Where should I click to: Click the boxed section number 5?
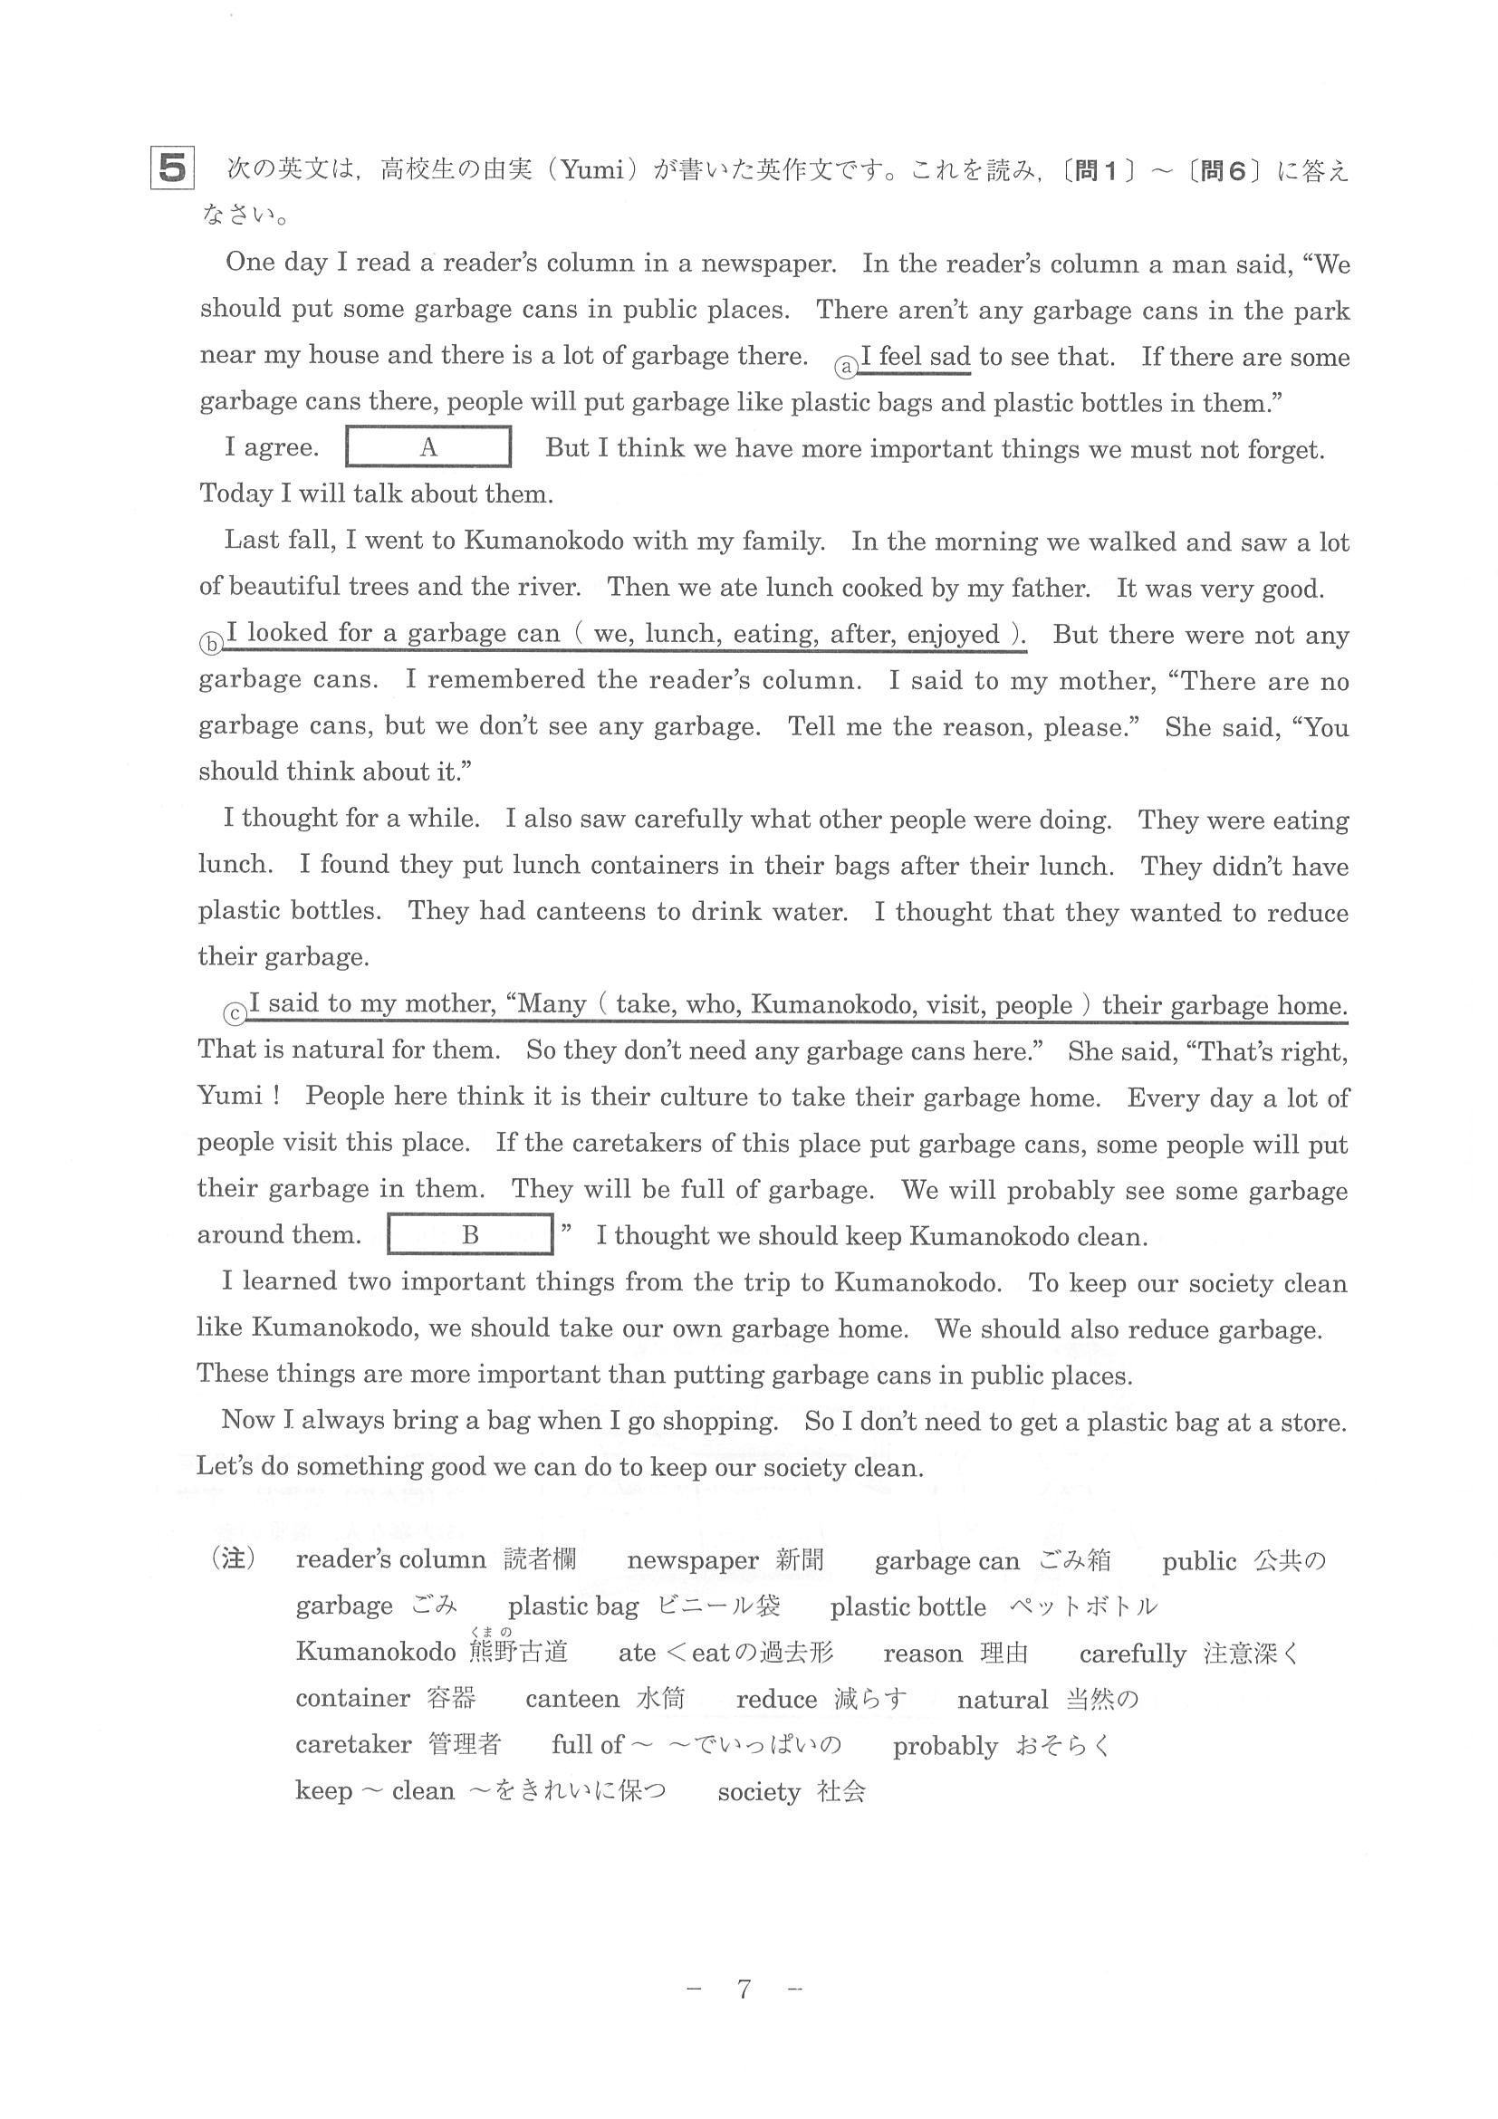[x=172, y=169]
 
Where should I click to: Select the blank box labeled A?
[x=428, y=447]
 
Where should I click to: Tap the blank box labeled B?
[x=470, y=1235]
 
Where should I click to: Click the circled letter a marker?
[x=845, y=368]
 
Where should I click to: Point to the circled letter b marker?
[x=210, y=644]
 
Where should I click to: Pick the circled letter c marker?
[x=235, y=1014]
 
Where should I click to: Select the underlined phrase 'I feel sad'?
[x=915, y=356]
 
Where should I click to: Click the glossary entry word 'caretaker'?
[x=352, y=1744]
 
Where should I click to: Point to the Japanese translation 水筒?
[x=661, y=1699]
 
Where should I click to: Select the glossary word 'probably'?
[x=945, y=1746]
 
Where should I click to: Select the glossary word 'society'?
[x=758, y=1791]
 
